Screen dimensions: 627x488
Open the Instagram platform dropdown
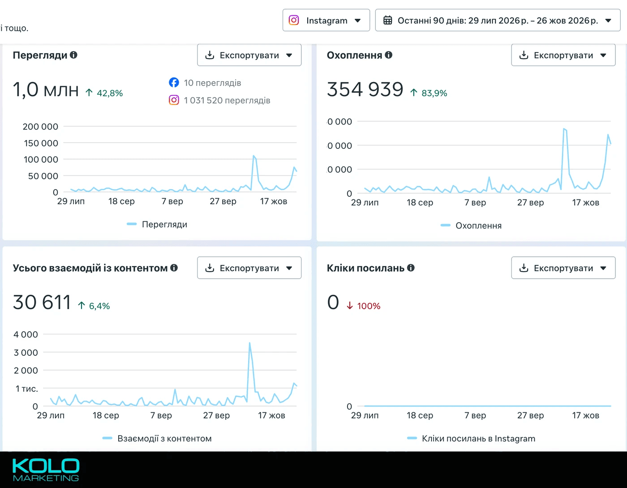(326, 20)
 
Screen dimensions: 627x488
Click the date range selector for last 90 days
(498, 20)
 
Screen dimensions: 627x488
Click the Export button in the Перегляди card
(249, 55)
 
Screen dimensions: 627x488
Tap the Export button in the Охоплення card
(563, 55)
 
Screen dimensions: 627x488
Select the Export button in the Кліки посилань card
(563, 268)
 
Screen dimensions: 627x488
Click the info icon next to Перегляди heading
(73, 55)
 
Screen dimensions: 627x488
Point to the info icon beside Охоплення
(389, 55)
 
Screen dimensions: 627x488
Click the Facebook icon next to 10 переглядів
(174, 82)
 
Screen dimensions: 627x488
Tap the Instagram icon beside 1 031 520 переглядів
(174, 100)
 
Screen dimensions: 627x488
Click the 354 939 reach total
(365, 89)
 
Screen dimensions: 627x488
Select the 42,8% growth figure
(110, 93)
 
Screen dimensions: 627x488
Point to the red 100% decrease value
(369, 306)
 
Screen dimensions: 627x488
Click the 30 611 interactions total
(42, 302)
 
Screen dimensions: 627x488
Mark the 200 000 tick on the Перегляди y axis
(40, 126)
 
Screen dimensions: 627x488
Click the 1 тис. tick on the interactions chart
(26, 389)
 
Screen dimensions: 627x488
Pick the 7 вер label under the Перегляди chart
(172, 201)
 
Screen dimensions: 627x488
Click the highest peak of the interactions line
(249, 343)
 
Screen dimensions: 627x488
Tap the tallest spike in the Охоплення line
(564, 129)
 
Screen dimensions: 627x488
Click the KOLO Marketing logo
(46, 470)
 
